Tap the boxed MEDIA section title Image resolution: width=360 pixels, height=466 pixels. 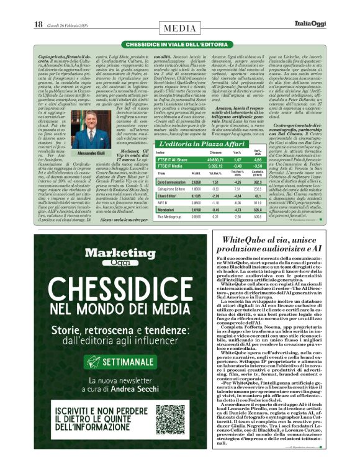coord(179,27)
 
